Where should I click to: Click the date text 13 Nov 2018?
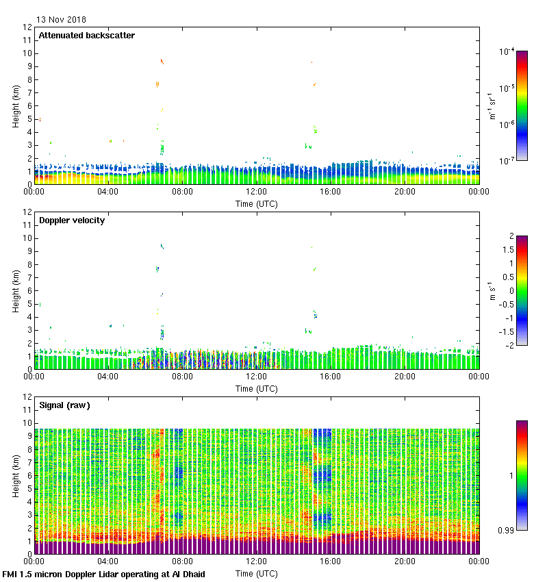click(x=61, y=20)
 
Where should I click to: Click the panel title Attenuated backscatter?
click(x=86, y=36)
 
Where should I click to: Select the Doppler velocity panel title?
click(x=72, y=220)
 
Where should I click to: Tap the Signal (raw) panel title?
click(x=64, y=405)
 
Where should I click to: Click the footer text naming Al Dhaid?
click(x=104, y=574)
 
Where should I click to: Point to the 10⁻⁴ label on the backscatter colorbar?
click(x=507, y=51)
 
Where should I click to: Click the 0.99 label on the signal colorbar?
click(x=506, y=530)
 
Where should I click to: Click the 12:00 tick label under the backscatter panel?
click(x=256, y=192)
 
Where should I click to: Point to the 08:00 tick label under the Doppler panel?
click(x=182, y=377)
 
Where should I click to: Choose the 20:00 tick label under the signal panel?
click(x=405, y=561)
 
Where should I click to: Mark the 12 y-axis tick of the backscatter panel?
click(x=27, y=27)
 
